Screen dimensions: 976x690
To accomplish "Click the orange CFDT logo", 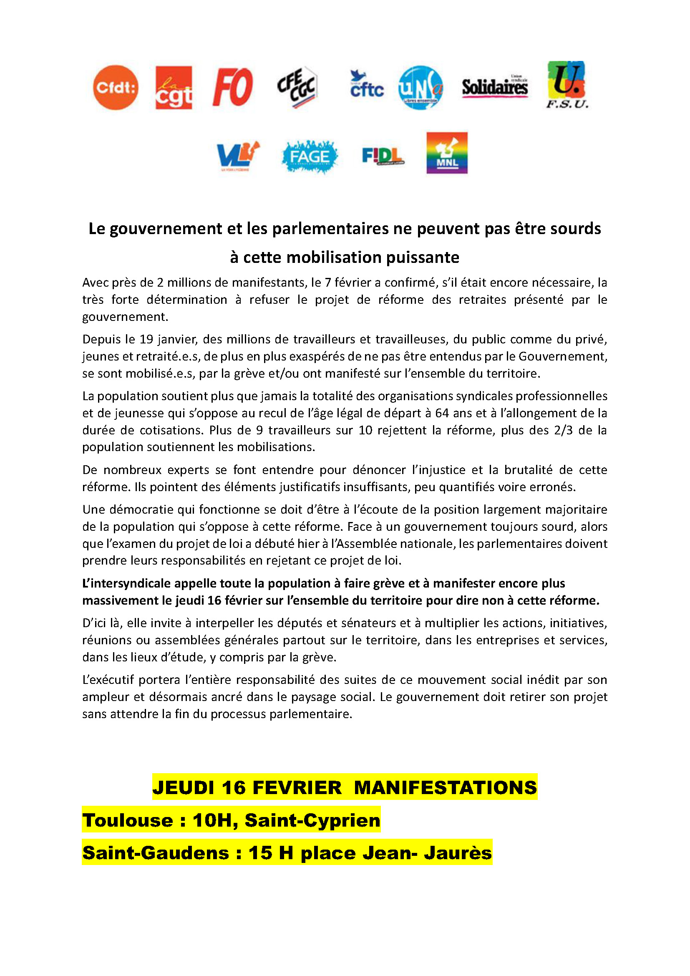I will coord(116,88).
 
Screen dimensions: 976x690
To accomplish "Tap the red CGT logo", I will coord(174,88).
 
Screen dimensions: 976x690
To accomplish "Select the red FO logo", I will coord(233,87).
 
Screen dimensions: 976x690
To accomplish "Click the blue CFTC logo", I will coord(367,85).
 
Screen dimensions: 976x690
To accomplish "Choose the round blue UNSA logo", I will coord(421,88).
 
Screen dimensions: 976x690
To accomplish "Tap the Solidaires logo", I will coord(495,87).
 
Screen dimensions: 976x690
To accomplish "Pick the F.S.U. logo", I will coord(567,85).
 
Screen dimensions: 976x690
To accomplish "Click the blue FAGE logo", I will coord(309,157).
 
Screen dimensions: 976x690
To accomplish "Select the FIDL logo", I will coord(383,156).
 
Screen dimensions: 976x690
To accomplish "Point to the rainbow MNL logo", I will coord(447,153).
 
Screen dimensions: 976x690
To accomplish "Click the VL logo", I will coord(238,155).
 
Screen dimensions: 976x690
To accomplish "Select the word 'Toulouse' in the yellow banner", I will coord(128,820).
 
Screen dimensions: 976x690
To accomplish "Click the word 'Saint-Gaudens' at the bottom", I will coord(156,853).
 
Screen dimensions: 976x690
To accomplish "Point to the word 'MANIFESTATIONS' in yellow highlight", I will coord(445,788).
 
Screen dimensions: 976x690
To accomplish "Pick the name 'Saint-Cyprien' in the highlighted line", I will coord(312,820).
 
